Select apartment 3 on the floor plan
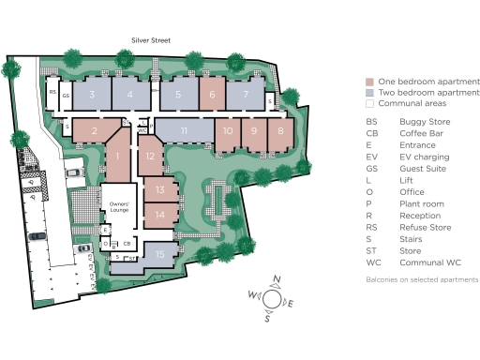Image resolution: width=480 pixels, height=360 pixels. click(92, 94)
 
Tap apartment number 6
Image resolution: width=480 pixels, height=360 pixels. click(212, 94)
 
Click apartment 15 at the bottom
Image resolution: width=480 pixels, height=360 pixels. click(160, 254)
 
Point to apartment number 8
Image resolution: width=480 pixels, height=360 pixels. click(280, 130)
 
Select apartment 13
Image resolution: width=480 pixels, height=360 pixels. click(160, 190)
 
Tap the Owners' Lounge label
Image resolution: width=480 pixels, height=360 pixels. click(119, 206)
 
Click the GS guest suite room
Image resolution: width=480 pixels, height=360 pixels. click(66, 96)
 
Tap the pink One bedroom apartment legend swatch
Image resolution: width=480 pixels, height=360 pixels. click(370, 82)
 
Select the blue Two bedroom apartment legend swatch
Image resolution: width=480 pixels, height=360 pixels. click(370, 94)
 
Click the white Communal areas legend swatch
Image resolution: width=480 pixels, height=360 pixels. click(370, 106)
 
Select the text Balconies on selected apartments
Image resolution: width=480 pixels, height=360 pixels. click(422, 279)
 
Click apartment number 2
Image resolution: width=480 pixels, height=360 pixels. click(95, 130)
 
